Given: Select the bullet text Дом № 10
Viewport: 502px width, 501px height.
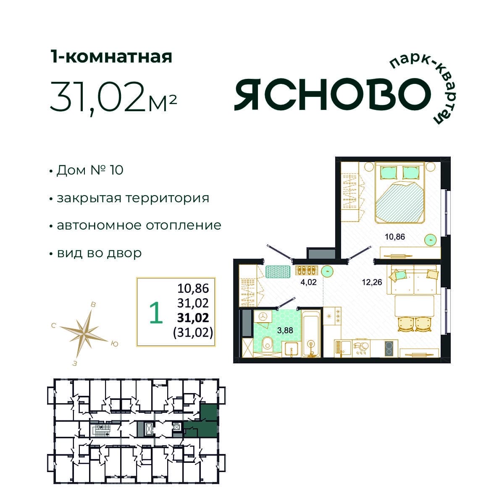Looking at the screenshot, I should [x=89, y=170].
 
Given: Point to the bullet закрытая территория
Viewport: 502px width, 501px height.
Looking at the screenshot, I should [x=133, y=198].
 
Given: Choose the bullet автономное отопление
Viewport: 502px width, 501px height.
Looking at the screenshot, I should [x=139, y=225].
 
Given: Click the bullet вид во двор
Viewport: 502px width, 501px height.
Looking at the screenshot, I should [x=99, y=253].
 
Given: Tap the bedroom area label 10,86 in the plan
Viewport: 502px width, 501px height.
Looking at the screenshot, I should [x=394, y=237].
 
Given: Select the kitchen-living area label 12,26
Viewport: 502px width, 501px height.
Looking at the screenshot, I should [x=372, y=282].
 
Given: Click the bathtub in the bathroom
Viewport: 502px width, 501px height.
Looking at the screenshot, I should [x=311, y=335].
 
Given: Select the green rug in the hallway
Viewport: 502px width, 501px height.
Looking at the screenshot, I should [x=279, y=271].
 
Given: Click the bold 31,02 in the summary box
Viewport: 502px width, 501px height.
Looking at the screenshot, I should [x=193, y=317].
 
